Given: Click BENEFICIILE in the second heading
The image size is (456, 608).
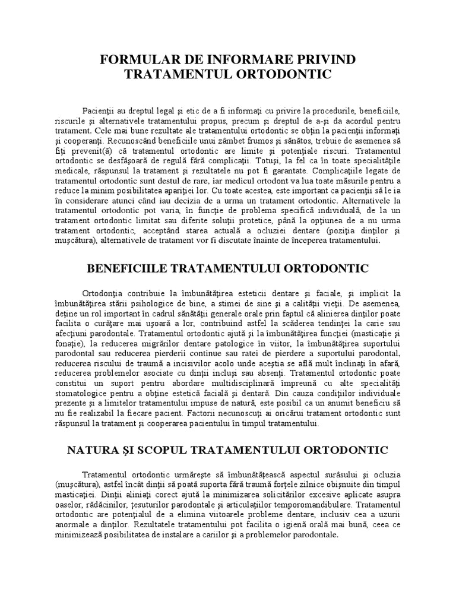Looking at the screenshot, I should [x=127, y=269].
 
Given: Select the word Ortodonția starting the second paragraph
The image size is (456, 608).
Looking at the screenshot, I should [x=104, y=293].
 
